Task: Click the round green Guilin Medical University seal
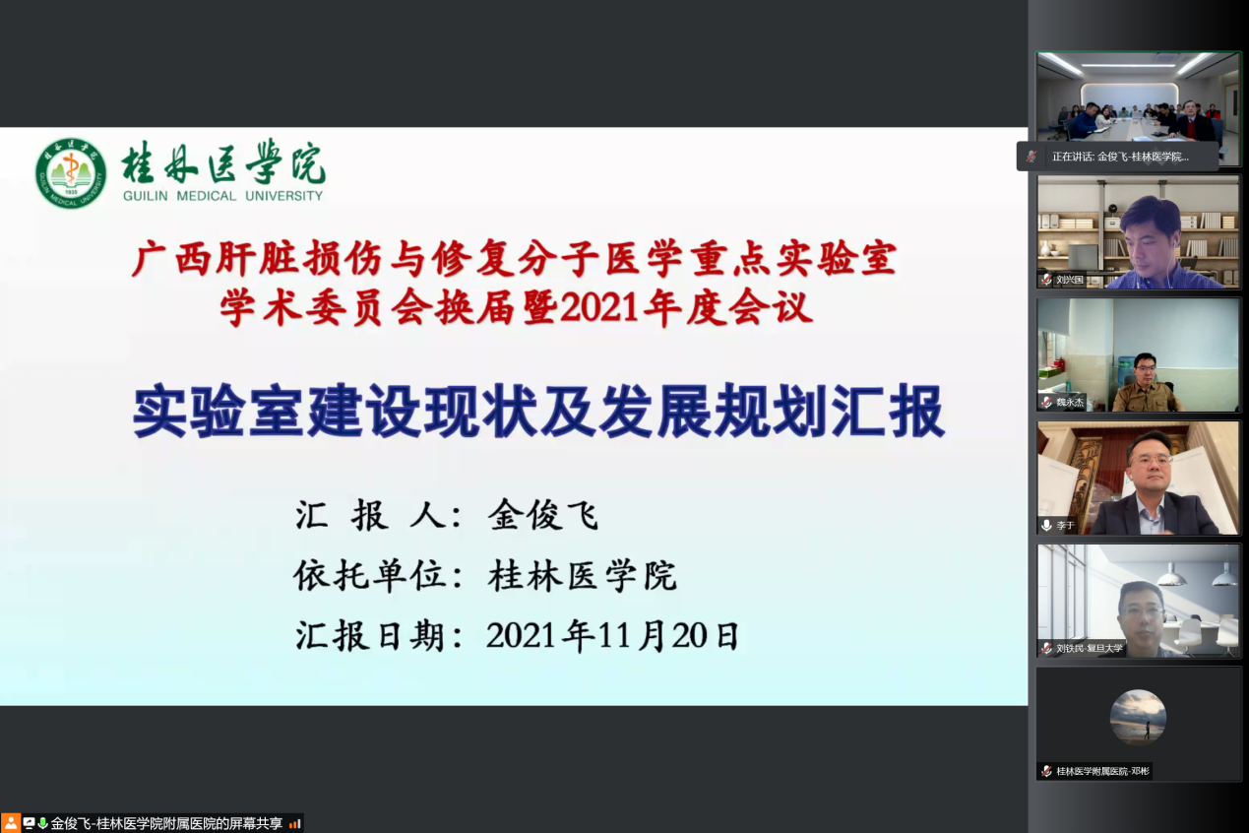[71, 173]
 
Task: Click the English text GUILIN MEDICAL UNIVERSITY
[223, 196]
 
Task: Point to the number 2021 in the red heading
[598, 308]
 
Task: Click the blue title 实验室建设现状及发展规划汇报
[538, 412]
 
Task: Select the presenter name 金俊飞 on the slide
[543, 515]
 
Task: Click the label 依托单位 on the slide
[369, 575]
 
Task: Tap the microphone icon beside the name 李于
[1046, 525]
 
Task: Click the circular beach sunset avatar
[1138, 717]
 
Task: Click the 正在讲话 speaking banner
[1117, 157]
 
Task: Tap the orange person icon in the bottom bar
[10, 823]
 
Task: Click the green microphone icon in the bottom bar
[42, 823]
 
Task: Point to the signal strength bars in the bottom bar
[295, 824]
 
